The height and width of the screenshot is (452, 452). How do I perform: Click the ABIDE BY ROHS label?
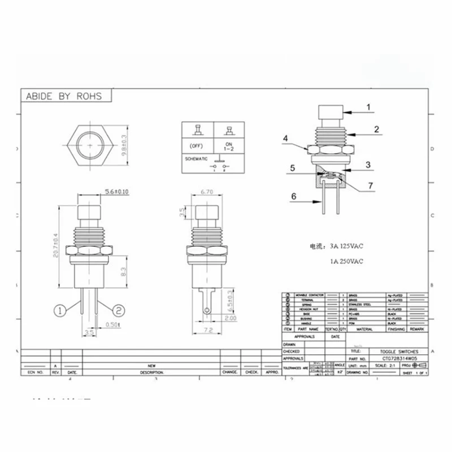[64, 96]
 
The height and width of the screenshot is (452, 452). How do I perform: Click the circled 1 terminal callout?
[62, 309]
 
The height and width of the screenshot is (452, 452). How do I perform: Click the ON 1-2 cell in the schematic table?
[228, 146]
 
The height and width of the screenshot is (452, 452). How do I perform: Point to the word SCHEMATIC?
[196, 159]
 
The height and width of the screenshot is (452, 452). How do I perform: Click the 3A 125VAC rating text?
[334, 246]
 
